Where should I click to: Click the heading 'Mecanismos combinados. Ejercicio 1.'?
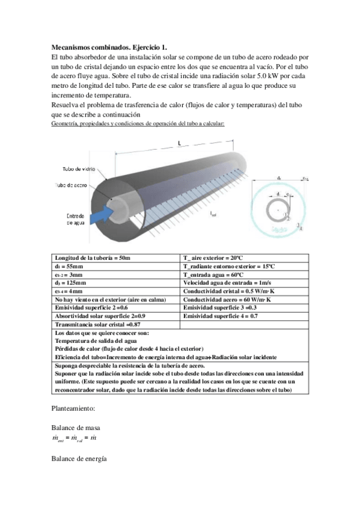pos(109,46)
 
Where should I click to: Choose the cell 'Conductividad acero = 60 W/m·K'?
pos(227,299)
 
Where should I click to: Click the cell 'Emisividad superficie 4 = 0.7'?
pos(221,316)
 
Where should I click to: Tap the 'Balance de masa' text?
pos(75,428)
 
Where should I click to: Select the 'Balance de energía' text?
pos(79,459)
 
